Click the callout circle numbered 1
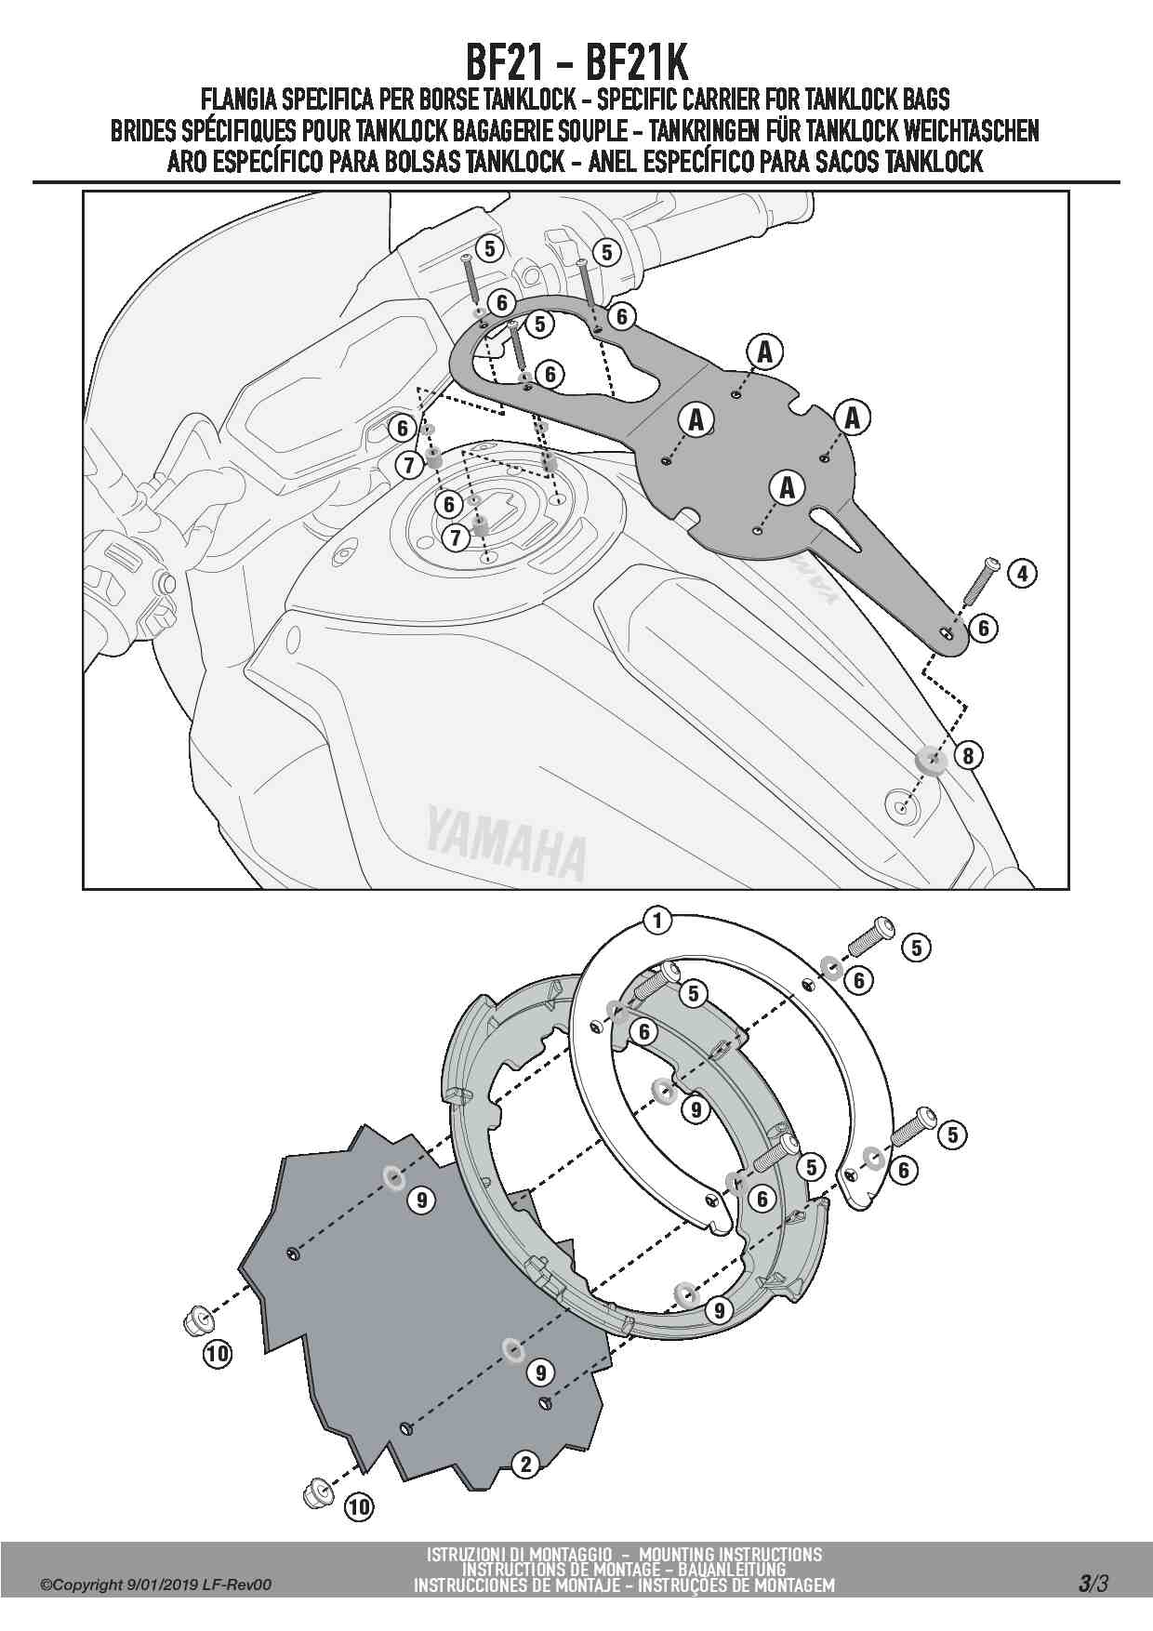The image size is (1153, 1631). tap(657, 922)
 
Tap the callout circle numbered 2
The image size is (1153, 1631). tap(526, 1465)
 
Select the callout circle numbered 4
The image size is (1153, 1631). tap(1022, 573)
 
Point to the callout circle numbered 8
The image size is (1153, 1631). tap(968, 755)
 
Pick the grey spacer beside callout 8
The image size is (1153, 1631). tap(930, 760)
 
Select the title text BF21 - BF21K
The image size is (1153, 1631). tap(576, 63)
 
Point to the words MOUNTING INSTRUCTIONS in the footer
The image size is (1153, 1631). tap(731, 1554)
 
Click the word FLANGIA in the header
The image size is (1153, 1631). tap(233, 99)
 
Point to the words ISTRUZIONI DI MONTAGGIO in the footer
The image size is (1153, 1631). tap(519, 1554)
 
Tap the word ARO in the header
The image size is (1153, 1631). tap(187, 163)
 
